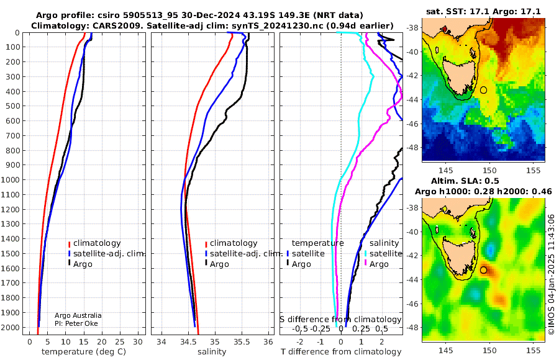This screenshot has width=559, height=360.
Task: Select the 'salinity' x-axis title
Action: point(212,352)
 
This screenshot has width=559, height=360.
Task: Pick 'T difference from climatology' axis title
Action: point(341,352)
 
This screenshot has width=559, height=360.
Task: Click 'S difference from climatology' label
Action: point(340,319)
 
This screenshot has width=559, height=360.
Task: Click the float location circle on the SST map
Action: point(483,90)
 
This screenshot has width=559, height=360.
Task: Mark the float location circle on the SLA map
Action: point(483,270)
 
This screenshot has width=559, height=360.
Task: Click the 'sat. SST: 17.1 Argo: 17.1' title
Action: point(483,11)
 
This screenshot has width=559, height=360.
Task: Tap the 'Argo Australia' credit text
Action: point(78,315)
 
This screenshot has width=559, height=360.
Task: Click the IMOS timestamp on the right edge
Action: point(551,273)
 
